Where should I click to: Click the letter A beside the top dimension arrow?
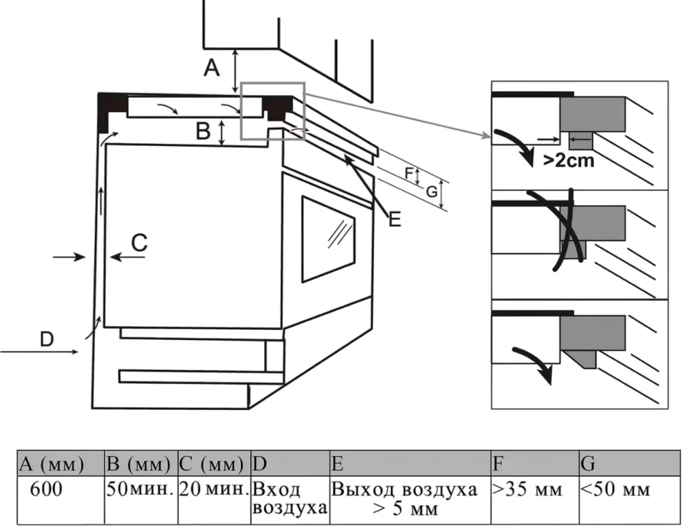212,68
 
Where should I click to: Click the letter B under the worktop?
203,130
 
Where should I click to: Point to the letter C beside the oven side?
139,242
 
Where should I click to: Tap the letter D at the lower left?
46,337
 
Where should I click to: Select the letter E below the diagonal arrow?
395,219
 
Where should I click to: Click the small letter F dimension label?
409,174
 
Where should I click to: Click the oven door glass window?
328,239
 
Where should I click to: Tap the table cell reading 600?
45,489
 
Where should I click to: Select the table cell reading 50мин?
140,489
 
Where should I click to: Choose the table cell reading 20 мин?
213,489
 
